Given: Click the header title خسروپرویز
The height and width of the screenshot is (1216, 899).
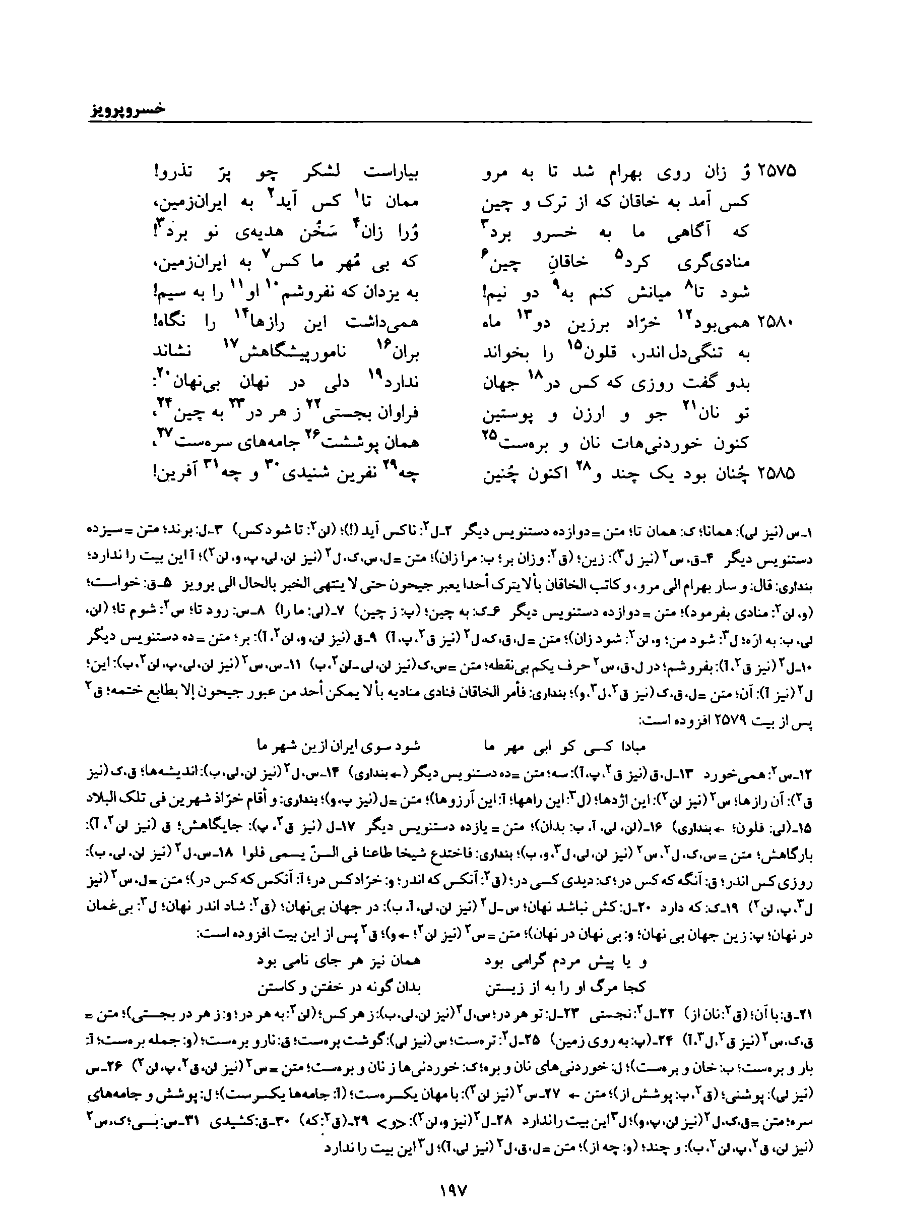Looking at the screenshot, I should point(127,109).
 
